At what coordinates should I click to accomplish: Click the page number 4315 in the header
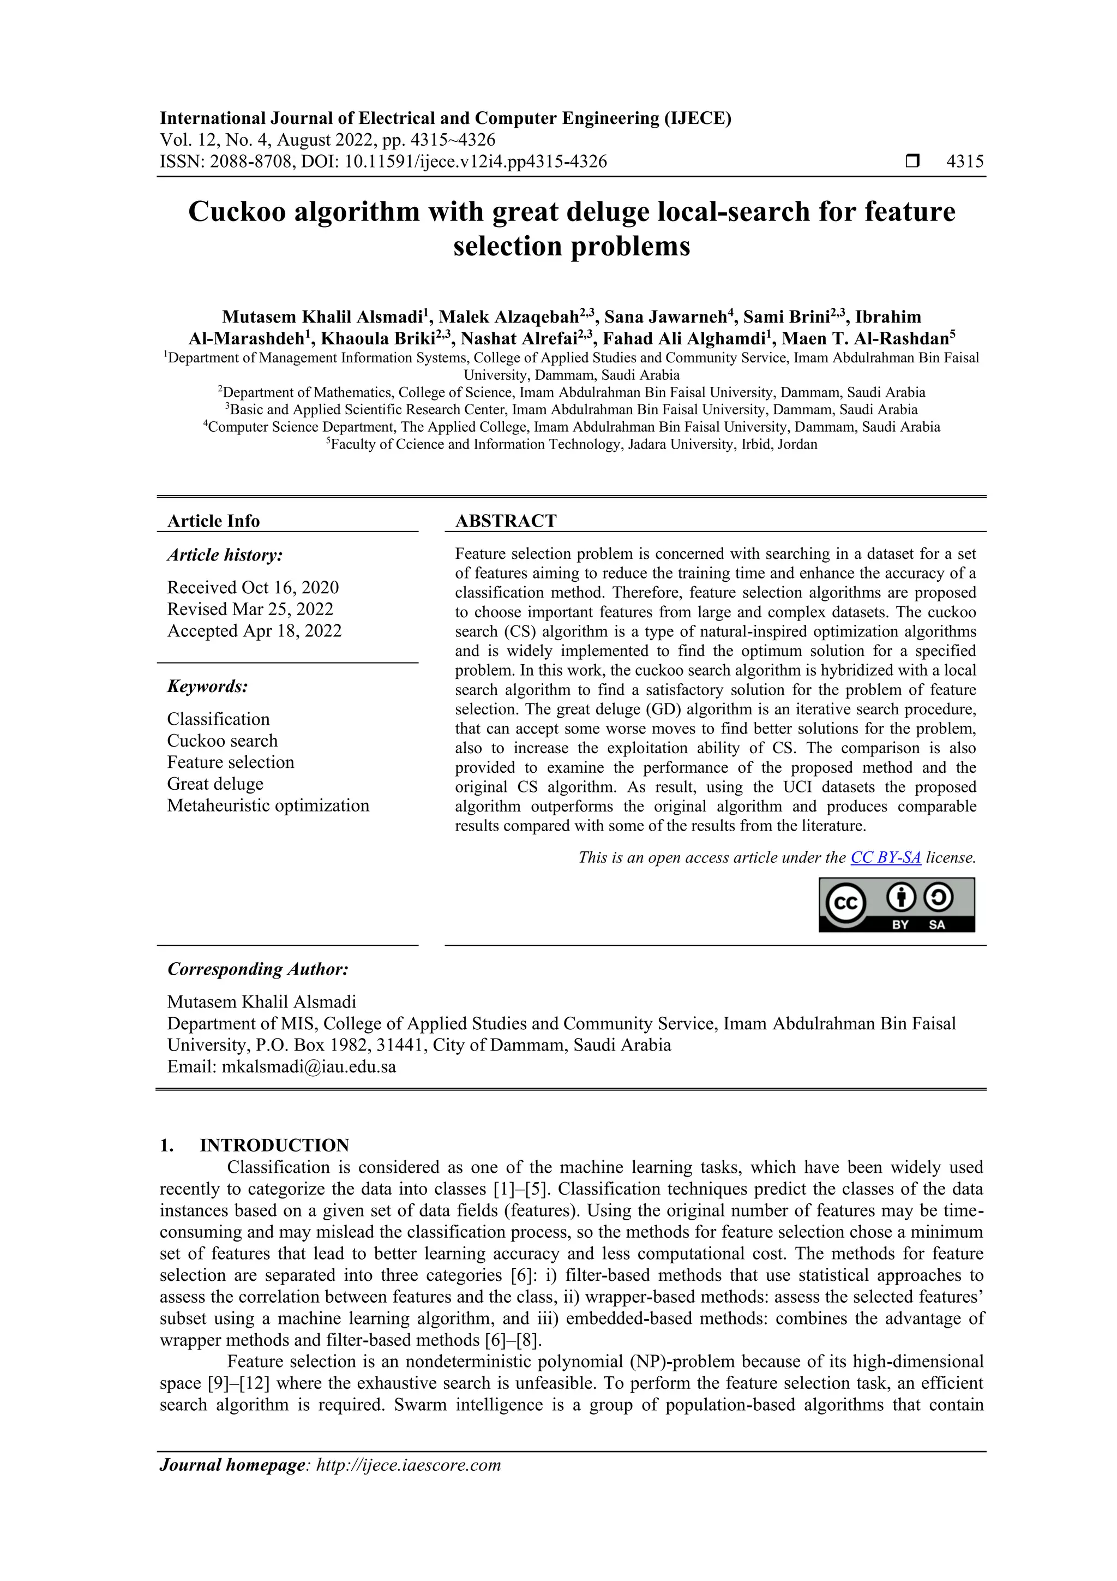[x=965, y=162]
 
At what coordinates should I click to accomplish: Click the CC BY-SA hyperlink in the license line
[x=885, y=857]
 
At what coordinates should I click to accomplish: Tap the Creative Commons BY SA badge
[x=896, y=905]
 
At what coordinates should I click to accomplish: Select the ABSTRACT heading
[x=506, y=521]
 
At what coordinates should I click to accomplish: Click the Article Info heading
[x=213, y=521]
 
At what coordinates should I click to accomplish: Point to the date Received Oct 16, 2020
[x=253, y=587]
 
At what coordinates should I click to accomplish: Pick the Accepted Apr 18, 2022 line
[x=254, y=631]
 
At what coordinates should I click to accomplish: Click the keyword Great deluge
[x=215, y=784]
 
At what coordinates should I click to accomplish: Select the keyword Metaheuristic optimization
[x=268, y=806]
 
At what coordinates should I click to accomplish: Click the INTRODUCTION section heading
[x=274, y=1145]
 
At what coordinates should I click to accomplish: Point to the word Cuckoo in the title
[x=236, y=211]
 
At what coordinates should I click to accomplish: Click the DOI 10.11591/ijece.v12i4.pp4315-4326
[x=476, y=162]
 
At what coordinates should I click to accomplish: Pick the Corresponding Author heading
[x=258, y=969]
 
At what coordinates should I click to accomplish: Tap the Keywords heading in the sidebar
[x=207, y=687]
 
